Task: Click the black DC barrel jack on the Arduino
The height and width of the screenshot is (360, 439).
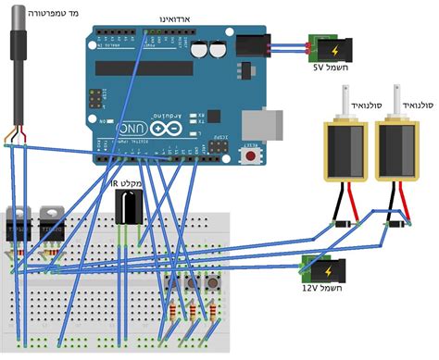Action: (251, 48)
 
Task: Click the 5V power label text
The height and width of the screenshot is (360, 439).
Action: (324, 68)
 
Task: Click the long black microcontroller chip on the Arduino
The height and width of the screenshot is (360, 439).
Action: (148, 69)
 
